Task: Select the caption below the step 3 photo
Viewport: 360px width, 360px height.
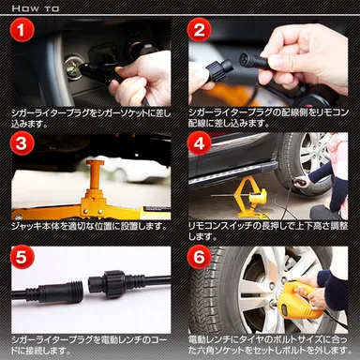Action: coord(90,226)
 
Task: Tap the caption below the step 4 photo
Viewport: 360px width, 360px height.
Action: coord(268,226)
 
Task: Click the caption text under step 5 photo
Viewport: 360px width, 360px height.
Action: coord(90,342)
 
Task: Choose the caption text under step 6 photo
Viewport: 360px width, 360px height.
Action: coord(268,342)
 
